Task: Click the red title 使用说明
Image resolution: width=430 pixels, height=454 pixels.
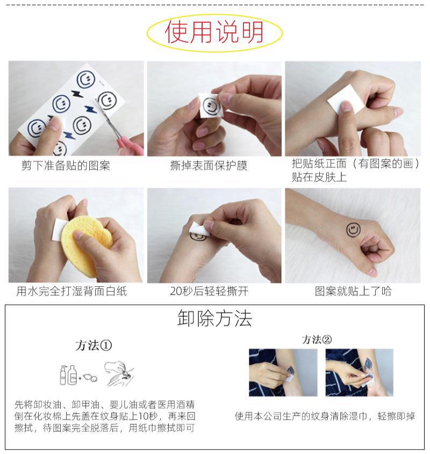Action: (x=214, y=32)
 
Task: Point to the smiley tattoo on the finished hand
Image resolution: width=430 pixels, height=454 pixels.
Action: (x=353, y=230)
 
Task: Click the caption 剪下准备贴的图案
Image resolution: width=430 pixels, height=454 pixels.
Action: (x=66, y=166)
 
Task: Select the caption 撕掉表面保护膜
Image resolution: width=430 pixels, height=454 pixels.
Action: (x=209, y=166)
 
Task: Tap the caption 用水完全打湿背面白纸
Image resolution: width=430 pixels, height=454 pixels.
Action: (x=71, y=291)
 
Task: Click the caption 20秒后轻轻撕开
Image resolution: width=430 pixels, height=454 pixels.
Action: (x=209, y=291)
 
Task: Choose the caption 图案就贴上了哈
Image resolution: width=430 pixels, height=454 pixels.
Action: (x=353, y=291)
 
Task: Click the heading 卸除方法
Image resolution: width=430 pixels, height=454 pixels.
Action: (x=214, y=318)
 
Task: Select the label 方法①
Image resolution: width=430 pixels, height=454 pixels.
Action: (x=94, y=345)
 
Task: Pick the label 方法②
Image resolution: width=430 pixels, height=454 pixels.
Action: (x=317, y=339)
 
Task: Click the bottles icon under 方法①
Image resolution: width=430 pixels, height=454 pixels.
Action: (x=68, y=375)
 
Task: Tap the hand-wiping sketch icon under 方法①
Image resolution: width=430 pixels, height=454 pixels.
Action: (x=119, y=373)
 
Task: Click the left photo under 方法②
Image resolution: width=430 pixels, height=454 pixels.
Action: (x=283, y=372)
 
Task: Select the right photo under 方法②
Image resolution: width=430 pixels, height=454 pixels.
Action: (x=360, y=372)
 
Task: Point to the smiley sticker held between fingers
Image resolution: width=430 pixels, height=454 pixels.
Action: (x=211, y=105)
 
